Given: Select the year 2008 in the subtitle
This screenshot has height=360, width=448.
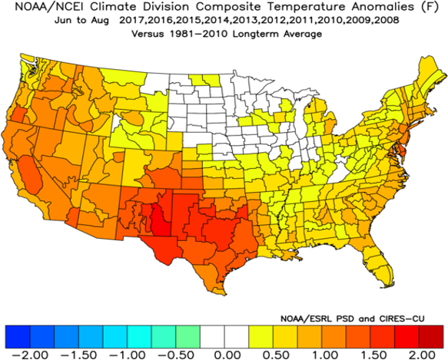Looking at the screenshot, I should coord(383,22).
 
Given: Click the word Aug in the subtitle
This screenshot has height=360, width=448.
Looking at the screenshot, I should coord(112,22).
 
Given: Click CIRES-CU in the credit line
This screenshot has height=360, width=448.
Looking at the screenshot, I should coord(419,317).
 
